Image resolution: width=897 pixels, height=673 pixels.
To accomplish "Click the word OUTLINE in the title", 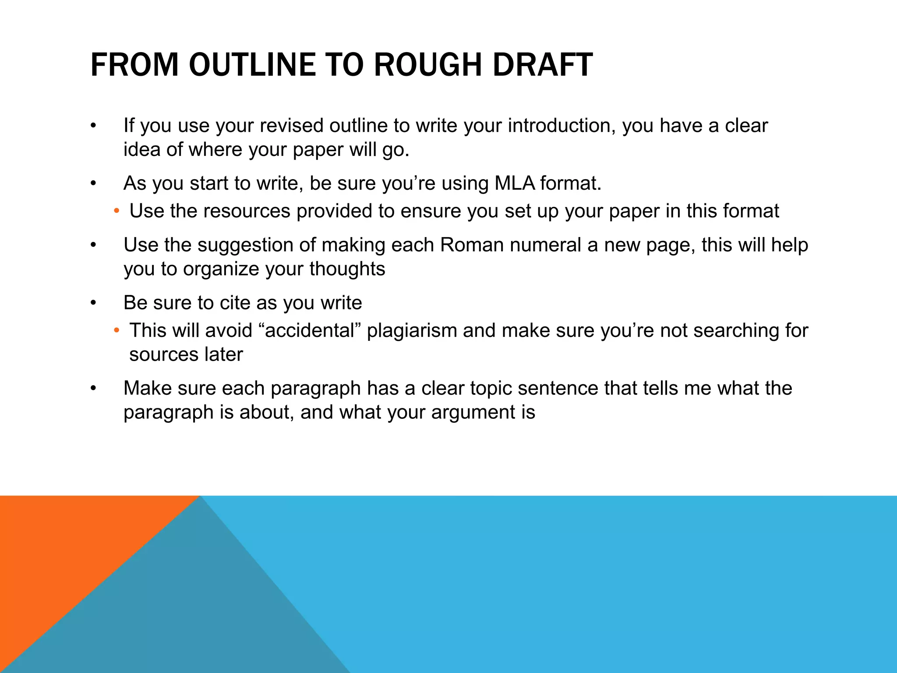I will point(252,65).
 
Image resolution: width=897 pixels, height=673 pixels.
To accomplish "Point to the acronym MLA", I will point(515,183).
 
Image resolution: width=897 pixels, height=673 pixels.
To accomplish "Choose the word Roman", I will point(472,245).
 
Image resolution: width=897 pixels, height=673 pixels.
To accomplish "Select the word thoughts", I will point(347,269).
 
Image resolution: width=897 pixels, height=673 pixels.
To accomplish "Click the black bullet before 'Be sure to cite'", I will point(93,303).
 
